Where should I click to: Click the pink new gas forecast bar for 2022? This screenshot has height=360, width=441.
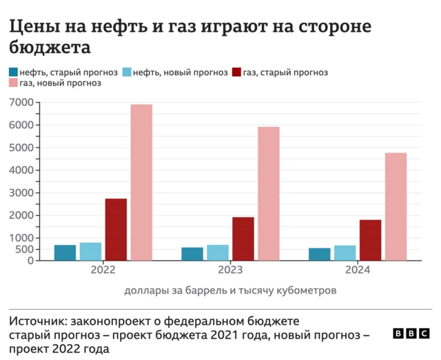click(x=141, y=182)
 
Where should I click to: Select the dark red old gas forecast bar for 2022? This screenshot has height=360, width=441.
click(x=116, y=229)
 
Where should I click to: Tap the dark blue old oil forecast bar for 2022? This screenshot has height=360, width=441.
click(x=65, y=252)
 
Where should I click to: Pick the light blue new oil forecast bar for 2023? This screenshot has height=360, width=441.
click(x=218, y=252)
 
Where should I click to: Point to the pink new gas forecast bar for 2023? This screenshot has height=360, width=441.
click(x=268, y=193)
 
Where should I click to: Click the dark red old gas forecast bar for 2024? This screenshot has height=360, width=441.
click(x=370, y=240)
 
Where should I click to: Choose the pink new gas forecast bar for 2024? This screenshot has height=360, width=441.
click(x=396, y=206)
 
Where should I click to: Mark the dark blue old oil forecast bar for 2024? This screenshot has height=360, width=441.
click(x=319, y=254)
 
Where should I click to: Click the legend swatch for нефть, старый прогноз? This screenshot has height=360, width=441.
click(x=14, y=72)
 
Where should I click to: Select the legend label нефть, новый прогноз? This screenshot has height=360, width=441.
click(x=180, y=72)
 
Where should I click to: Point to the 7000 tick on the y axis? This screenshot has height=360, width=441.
click(x=21, y=103)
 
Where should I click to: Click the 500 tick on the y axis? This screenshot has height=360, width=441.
click(x=24, y=249)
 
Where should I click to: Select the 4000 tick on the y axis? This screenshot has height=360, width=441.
click(x=21, y=170)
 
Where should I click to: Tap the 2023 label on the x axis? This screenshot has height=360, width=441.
click(x=230, y=270)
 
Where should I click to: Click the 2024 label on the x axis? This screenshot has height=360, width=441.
click(x=357, y=270)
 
